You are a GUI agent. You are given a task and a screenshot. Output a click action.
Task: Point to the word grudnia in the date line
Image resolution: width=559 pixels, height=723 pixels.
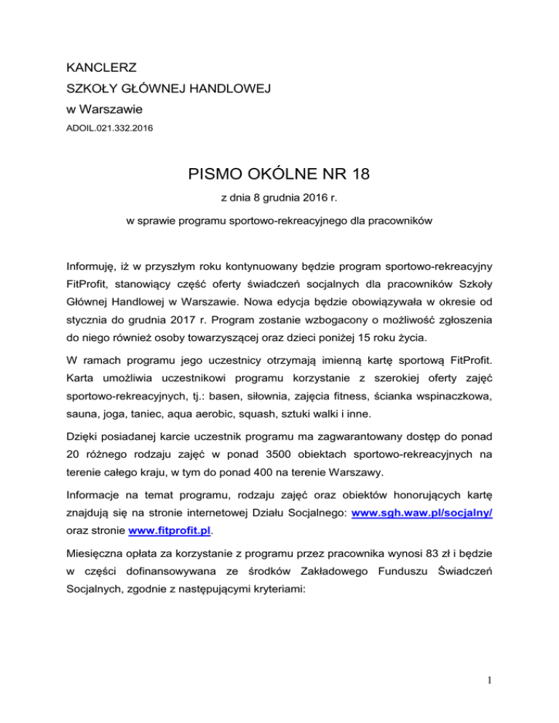click(x=276, y=199)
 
